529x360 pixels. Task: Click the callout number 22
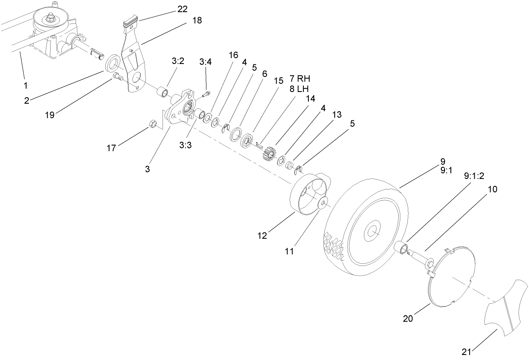(182, 9)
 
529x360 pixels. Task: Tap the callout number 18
(196, 20)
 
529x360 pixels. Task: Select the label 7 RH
(300, 79)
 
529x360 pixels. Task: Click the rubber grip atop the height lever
(131, 21)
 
